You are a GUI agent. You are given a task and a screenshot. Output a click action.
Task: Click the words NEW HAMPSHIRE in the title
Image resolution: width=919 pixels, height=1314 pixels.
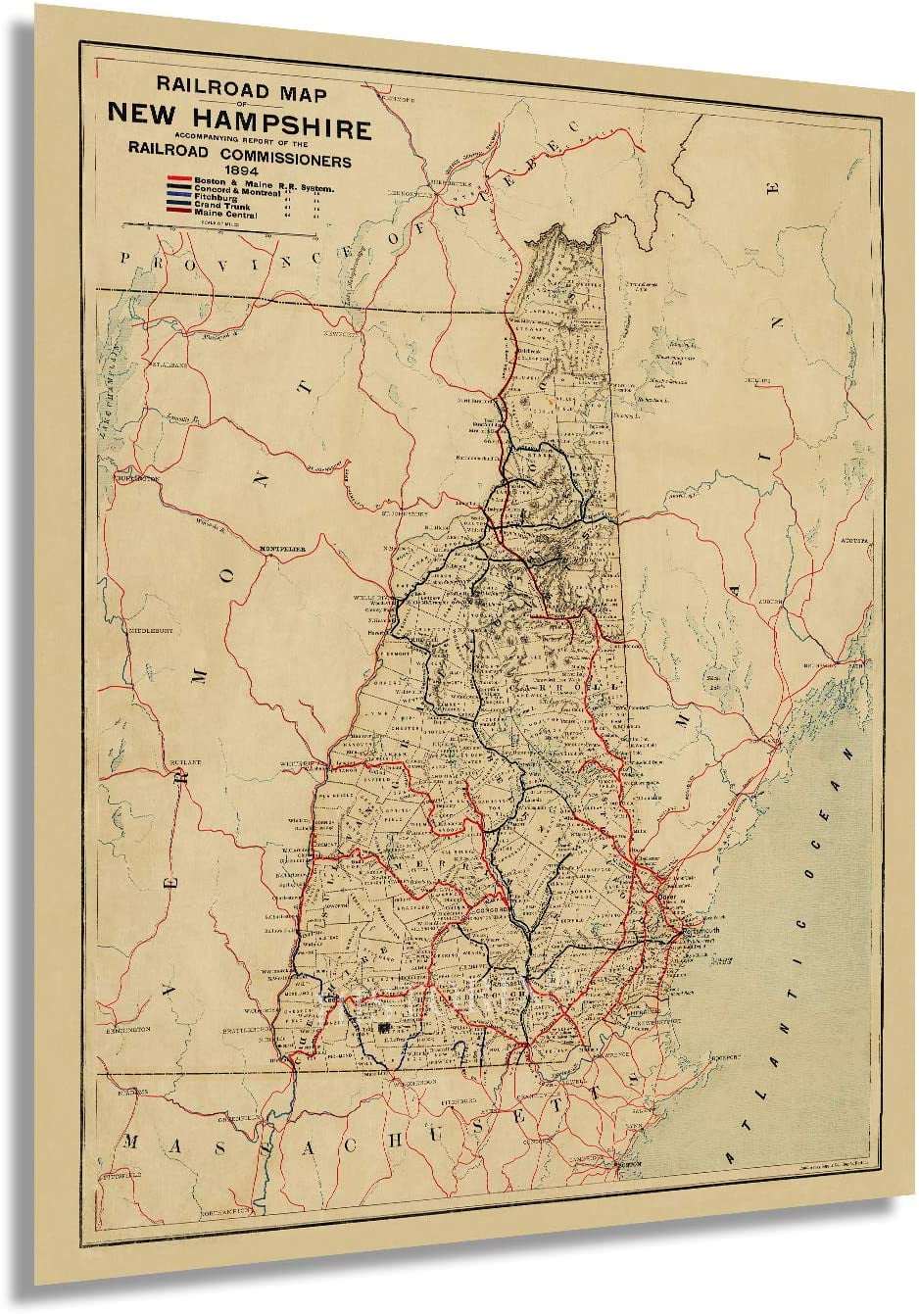[239, 128]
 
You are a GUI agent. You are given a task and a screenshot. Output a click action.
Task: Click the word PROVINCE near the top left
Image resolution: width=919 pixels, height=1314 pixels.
[167, 259]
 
